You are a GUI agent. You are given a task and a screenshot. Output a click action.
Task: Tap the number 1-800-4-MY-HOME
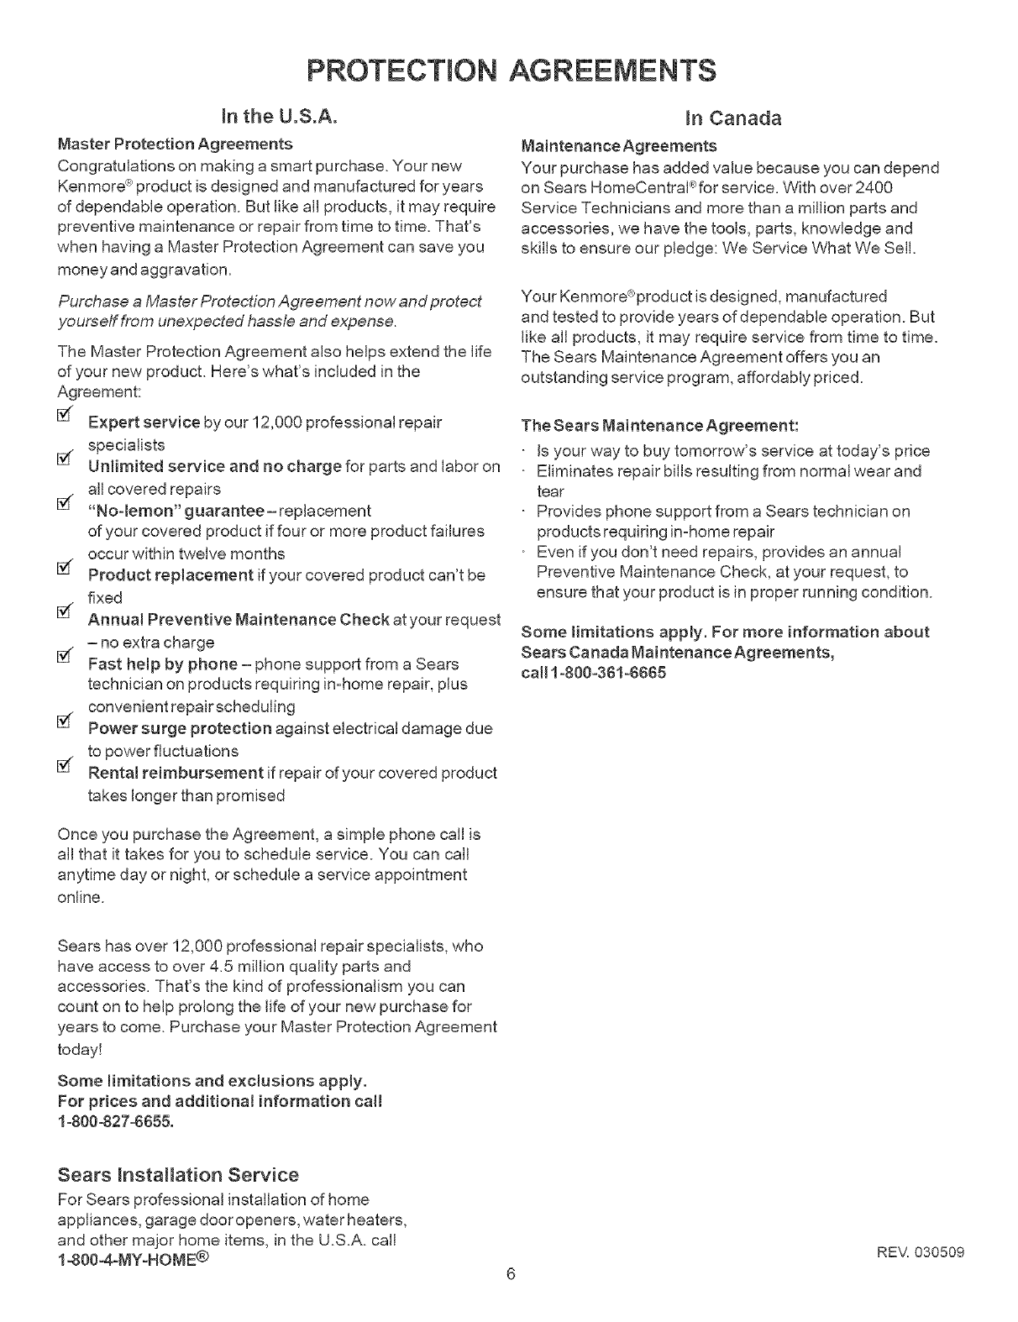pyautogui.click(x=133, y=1262)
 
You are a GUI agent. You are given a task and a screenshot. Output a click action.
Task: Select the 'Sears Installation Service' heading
pyautogui.click(x=178, y=1174)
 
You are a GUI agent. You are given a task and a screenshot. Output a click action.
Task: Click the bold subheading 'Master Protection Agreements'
pyautogui.click(x=175, y=144)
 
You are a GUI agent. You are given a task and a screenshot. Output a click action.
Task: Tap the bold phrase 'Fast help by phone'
pyautogui.click(x=162, y=664)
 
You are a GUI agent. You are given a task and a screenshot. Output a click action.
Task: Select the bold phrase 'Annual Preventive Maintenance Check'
pyautogui.click(x=239, y=620)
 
